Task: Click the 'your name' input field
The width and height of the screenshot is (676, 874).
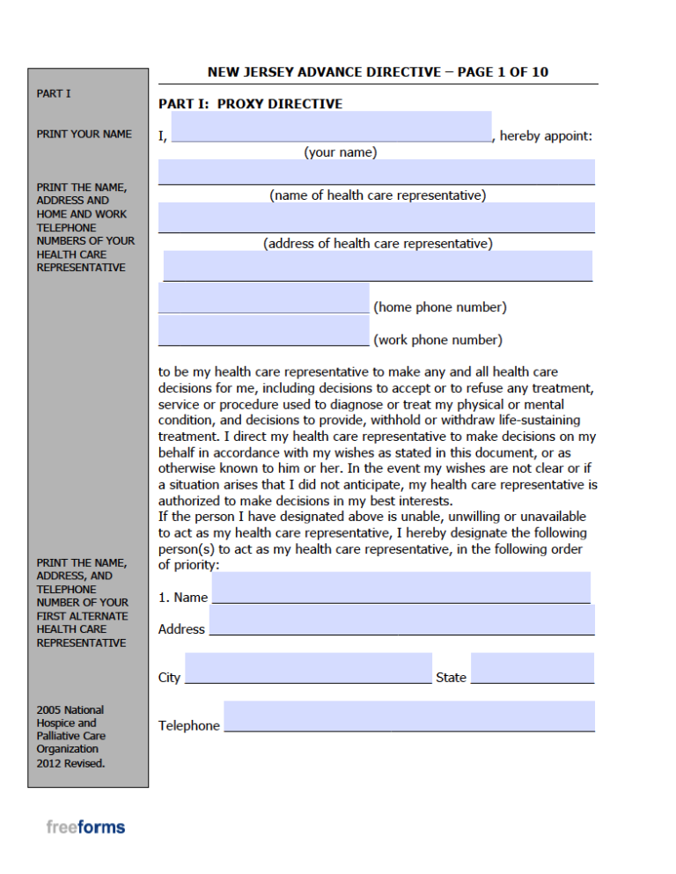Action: click(331, 127)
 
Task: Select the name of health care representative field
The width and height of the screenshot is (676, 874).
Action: click(376, 172)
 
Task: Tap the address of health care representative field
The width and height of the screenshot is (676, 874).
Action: click(376, 217)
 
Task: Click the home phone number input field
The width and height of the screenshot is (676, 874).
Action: click(263, 297)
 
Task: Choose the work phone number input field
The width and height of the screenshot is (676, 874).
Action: click(263, 330)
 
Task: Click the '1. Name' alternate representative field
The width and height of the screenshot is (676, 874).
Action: click(400, 587)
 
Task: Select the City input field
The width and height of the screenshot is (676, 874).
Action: click(308, 668)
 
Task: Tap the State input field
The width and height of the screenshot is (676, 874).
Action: click(532, 668)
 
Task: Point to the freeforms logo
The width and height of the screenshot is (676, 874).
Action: click(85, 826)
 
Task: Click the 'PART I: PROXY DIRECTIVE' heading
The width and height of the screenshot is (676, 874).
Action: click(250, 104)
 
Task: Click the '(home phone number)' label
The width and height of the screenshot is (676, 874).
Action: click(440, 307)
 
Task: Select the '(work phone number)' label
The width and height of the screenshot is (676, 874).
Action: click(438, 340)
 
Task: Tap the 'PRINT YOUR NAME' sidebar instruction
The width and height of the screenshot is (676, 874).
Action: click(84, 134)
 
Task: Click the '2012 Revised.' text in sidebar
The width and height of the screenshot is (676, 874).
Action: click(70, 763)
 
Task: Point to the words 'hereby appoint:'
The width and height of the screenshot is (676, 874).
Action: click(546, 136)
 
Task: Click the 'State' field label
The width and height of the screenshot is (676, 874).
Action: click(451, 678)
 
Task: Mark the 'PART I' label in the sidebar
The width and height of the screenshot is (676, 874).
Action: click(54, 93)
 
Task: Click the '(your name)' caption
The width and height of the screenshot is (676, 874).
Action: click(340, 152)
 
